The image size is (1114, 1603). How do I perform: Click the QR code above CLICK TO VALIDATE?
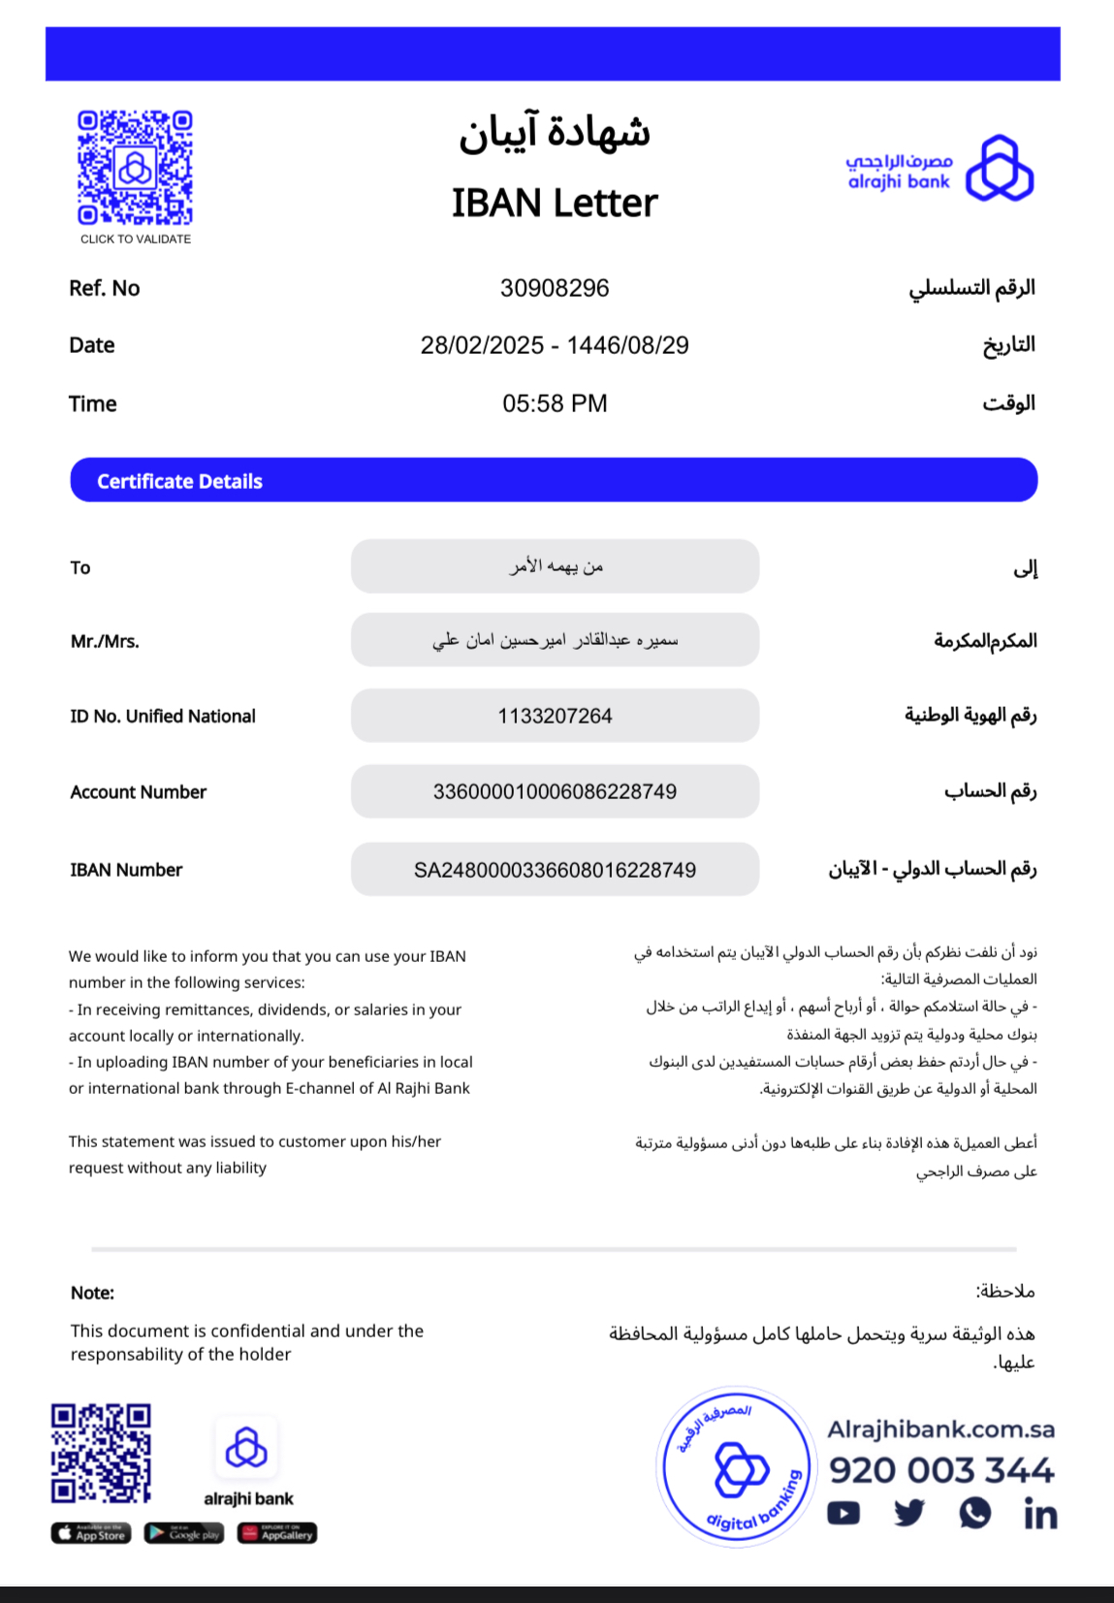click(135, 168)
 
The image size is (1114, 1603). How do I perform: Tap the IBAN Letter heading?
click(555, 203)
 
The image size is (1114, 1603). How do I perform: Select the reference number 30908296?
click(555, 288)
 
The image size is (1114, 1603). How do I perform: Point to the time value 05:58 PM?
click(555, 403)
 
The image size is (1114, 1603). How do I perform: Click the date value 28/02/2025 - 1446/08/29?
click(555, 345)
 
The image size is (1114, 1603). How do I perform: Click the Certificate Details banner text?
click(179, 481)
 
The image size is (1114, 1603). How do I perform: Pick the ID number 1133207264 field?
click(555, 716)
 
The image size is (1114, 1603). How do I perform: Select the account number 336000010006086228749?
click(555, 791)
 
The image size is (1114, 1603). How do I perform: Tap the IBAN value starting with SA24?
click(555, 870)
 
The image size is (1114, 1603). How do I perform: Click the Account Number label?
click(139, 792)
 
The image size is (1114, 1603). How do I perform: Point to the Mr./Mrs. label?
click(105, 641)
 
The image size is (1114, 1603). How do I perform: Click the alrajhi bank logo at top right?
click(939, 170)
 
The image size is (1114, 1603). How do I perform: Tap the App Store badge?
click(91, 1533)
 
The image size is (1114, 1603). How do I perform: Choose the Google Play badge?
click(184, 1533)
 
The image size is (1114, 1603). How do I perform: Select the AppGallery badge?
click(277, 1533)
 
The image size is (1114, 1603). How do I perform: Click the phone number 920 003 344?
click(940, 1470)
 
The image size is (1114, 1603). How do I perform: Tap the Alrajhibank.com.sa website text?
click(940, 1429)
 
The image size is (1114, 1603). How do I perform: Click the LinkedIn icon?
click(1040, 1514)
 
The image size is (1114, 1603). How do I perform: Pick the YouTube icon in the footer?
click(843, 1513)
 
